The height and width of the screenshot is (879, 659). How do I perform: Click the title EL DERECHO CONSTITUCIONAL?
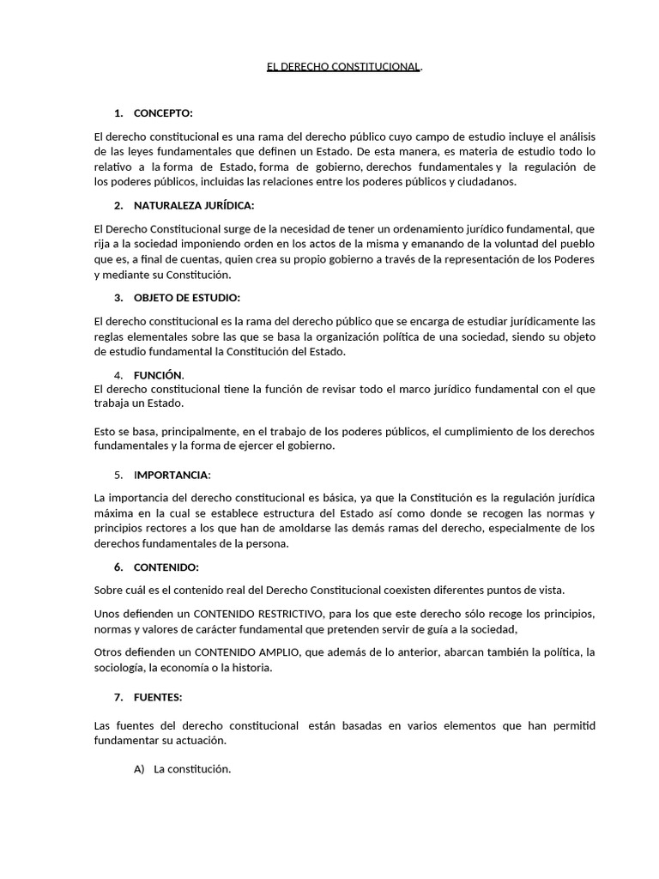tap(343, 66)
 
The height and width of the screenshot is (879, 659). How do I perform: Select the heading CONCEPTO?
tap(163, 113)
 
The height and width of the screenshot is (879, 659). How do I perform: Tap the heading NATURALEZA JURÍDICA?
tap(194, 206)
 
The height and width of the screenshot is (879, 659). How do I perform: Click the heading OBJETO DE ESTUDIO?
tap(187, 298)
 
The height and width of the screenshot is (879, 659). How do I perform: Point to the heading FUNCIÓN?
tap(158, 375)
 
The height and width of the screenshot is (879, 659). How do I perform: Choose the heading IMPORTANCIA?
tap(172, 475)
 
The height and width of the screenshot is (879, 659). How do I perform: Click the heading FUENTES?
tap(158, 697)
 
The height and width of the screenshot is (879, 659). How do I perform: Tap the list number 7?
tap(118, 697)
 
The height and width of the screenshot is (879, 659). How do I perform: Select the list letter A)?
tap(140, 769)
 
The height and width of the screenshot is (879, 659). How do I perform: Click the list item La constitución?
tap(192, 769)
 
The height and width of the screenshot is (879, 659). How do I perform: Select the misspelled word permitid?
tap(574, 725)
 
